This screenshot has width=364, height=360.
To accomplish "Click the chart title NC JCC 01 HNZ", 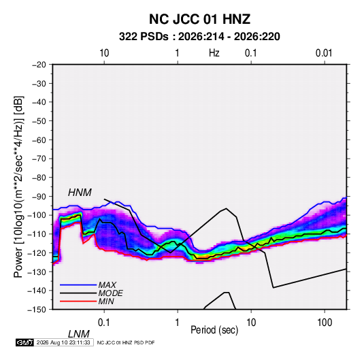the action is coord(199,19).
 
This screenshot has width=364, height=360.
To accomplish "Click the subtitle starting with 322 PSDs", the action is coord(199,37).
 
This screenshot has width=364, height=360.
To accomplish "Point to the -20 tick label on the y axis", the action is coord(39,65).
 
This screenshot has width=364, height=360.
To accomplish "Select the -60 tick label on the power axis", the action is coord(39,140).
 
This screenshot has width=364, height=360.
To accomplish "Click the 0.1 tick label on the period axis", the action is coord(104,323).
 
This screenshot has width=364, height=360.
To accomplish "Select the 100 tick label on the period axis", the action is coord(325,323).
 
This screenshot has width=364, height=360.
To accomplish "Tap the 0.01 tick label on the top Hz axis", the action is coord(324,53).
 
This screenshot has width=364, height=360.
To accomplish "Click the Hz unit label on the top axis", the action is coord(214,53).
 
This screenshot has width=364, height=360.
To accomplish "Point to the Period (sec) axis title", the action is coord(214,330).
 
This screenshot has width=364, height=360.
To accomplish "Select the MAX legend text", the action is coord(107,284).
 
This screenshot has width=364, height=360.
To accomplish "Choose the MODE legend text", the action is coord(110,293).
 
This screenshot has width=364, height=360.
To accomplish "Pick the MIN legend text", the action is coord(106,301).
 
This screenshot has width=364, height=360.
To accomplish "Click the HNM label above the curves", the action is coord(80,193).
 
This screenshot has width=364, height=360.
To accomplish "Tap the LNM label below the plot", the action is coord(78,334).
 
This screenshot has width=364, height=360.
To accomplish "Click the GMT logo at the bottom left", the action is coord(24,342).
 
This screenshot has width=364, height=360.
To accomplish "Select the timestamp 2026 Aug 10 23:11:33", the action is coord(63,342).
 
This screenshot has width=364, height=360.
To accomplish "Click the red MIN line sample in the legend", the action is coord(78,301).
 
